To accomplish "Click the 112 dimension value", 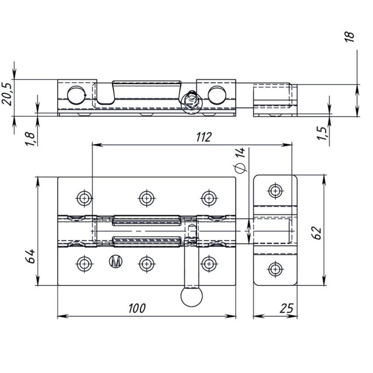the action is coord(203,137).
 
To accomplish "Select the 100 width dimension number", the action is coord(137,308).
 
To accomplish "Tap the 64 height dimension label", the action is coord(30,256).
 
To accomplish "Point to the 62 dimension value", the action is coord(316,233).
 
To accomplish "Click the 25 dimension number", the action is coord(287,308).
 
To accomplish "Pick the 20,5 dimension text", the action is coord(6,94).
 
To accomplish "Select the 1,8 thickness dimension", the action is coord(30,139).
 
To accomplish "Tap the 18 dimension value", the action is coord(349,37).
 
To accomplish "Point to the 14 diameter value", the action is coord(240,153).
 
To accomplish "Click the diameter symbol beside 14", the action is coord(240,168).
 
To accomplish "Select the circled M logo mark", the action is coord(115,262).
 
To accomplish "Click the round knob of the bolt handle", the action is coord(192,297).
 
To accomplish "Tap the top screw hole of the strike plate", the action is coord(276,191).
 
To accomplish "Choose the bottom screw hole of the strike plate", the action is coord(276,269).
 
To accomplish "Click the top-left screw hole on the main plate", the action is coord(84,198).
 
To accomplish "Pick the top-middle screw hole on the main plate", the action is coord(146,198).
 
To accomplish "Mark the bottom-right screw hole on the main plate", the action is coord(209,264).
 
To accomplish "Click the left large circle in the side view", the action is coord(76,95).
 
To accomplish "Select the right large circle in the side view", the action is coord(217,95).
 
